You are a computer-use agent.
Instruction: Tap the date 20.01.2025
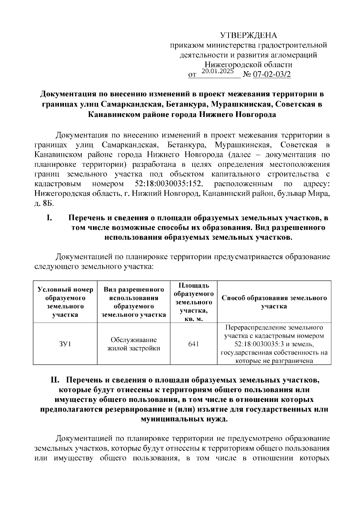[x=217, y=71]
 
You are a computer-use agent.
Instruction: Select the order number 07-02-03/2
[x=272, y=75]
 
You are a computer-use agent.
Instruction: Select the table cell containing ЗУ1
[x=65, y=344]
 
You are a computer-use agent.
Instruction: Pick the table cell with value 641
[x=193, y=344]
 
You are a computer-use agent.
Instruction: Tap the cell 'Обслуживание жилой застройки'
[x=134, y=344]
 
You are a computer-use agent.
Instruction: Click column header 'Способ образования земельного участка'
[x=274, y=302]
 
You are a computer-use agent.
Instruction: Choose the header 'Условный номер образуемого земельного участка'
[x=65, y=302]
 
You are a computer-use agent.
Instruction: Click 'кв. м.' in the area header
[x=193, y=319]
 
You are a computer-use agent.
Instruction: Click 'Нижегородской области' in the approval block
[x=248, y=65]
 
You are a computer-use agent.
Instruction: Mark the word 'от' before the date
[x=192, y=75]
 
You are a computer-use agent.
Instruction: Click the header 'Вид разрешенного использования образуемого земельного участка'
[x=134, y=302]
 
